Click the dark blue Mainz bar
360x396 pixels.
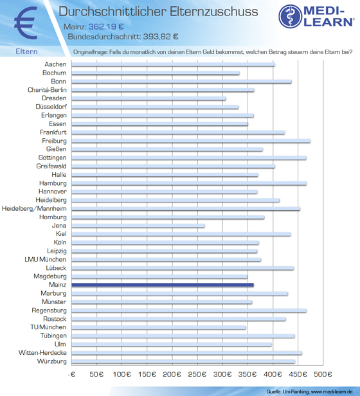point(163,285)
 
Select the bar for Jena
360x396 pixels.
point(138,226)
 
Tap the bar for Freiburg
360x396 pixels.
point(191,141)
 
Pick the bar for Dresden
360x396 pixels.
point(148,98)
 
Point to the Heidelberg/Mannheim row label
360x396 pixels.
point(34,208)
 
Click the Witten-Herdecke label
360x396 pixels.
point(42,352)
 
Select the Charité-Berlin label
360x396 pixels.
point(47,90)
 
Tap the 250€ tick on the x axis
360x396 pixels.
point(197,374)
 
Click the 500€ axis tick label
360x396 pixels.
point(323,374)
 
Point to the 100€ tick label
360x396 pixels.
point(122,374)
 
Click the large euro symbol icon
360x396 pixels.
point(26,22)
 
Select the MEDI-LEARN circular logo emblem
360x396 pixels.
point(291,16)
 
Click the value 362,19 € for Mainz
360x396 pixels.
point(106,26)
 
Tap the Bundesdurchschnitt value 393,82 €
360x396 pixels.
point(161,37)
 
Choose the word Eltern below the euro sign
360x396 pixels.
point(26,51)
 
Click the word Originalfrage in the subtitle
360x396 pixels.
point(90,52)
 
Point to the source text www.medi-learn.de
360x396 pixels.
point(332,392)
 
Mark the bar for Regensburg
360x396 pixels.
point(189,310)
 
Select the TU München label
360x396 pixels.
point(48,327)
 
